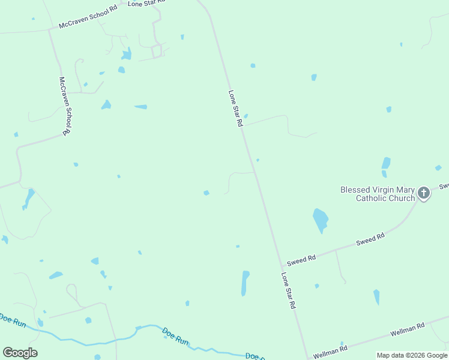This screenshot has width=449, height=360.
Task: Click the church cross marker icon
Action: tap(424, 193)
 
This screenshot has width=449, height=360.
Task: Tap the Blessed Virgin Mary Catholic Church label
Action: tap(378, 194)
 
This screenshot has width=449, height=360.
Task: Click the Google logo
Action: tap(20, 352)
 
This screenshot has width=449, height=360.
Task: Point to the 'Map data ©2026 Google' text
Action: tap(412, 355)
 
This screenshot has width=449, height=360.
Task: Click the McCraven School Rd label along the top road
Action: tap(88, 19)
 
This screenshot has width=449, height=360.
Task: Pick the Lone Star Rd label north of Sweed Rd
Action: tap(235, 108)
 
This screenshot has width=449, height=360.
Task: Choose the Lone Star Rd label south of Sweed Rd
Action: tap(289, 290)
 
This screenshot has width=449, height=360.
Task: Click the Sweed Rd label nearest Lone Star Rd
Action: tap(301, 260)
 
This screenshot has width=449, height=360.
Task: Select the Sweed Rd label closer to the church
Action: tap(370, 239)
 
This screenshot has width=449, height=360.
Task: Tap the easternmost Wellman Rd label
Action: tap(408, 328)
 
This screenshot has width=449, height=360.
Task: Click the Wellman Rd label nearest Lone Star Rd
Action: tap(330, 350)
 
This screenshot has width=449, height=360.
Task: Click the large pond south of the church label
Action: tap(321, 220)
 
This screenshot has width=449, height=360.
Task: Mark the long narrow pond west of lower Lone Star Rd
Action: tap(245, 283)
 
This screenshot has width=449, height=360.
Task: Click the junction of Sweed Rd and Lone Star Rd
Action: tap(281, 266)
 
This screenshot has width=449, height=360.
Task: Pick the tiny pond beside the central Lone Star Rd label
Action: tap(246, 116)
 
